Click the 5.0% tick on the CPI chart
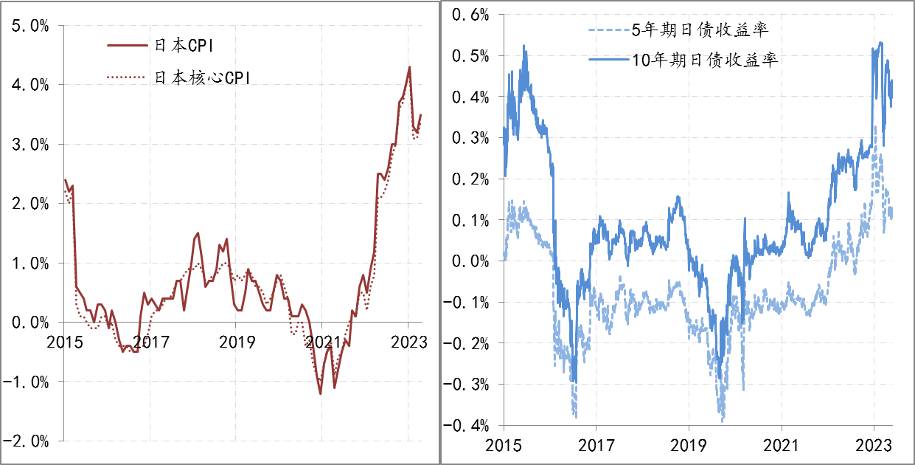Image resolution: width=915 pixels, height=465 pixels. point(30,26)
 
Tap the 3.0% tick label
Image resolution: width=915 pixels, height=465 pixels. point(30,145)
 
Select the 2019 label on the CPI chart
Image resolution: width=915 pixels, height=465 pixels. point(236,342)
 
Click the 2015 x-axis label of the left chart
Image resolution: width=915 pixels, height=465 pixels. point(65,342)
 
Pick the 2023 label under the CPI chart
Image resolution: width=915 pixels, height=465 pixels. point(408,342)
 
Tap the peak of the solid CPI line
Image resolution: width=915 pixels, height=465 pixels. point(409,67)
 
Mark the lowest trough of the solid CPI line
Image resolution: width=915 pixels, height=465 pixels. point(321,393)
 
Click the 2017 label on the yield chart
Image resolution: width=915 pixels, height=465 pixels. point(596,447)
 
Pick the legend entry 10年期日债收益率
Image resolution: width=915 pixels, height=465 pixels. point(705,60)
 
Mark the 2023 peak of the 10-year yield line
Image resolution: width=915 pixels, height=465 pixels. point(880,43)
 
